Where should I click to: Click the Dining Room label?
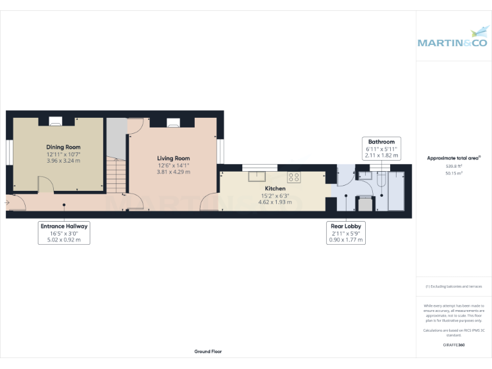point(63,147)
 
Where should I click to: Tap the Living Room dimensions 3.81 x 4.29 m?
point(174,172)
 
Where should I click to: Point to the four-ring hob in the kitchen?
point(294,177)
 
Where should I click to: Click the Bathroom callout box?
point(381,148)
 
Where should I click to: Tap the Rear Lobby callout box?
point(345,233)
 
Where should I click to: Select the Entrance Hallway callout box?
point(64,233)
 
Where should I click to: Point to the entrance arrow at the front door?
point(6,203)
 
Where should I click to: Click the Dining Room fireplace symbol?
point(56,120)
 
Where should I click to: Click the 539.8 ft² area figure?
point(454,166)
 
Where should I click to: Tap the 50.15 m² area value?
point(454,173)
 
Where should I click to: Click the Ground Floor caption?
point(208,352)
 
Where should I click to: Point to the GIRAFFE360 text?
point(454,345)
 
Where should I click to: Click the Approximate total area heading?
point(454,158)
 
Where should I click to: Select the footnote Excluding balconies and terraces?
point(454,286)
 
